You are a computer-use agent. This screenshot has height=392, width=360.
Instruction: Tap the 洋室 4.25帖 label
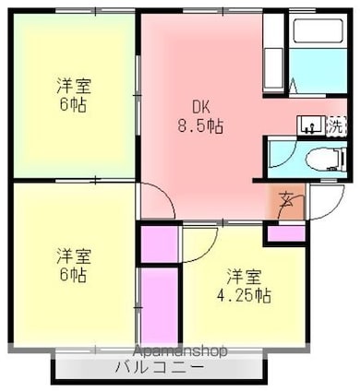[x=244, y=286]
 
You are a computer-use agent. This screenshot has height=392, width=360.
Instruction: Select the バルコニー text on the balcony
[x=160, y=367]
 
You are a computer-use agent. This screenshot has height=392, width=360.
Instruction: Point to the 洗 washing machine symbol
[x=336, y=125]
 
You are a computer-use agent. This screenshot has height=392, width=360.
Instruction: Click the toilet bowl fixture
[x=325, y=160]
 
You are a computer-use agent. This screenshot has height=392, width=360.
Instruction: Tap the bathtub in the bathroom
[x=318, y=31]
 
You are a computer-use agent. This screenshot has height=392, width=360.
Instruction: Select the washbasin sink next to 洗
[x=311, y=125]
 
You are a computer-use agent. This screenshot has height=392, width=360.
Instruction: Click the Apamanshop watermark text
[x=181, y=350]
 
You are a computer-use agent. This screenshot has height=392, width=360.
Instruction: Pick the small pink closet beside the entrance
[x=286, y=234]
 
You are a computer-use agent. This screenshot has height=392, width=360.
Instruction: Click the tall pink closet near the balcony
[x=159, y=306]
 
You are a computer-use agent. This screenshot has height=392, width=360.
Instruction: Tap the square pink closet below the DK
[x=159, y=244]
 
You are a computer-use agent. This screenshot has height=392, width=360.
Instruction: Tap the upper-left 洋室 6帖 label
[x=73, y=96]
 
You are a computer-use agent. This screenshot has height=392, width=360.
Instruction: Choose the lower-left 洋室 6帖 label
[x=73, y=265]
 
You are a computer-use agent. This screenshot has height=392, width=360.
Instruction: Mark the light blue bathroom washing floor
[x=318, y=70]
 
